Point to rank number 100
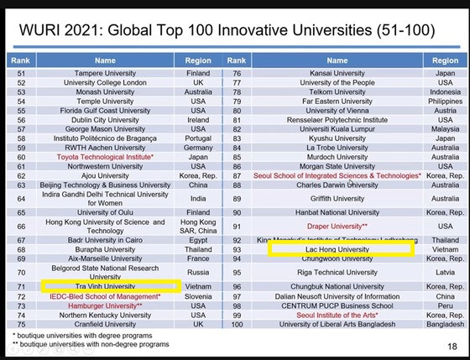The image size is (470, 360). click(237, 324)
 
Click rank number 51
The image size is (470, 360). click(23, 74)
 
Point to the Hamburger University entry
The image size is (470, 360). click(104, 306)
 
